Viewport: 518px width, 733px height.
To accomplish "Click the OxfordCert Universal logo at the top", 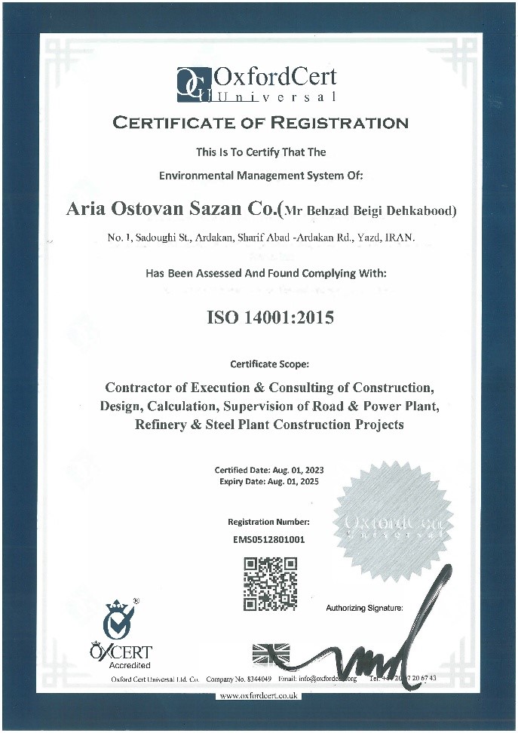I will point(256,84).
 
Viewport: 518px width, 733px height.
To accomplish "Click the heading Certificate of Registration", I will point(260,122).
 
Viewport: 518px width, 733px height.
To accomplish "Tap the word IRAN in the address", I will point(400,238).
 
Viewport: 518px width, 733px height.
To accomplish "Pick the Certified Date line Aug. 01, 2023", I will point(269,470).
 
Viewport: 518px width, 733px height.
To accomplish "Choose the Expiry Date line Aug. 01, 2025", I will point(269,481).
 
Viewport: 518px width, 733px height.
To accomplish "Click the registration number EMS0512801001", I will point(269,539).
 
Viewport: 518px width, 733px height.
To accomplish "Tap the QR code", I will point(270,584).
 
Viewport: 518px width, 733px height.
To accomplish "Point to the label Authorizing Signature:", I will point(364,607).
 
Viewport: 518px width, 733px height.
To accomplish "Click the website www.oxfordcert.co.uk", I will point(259,696).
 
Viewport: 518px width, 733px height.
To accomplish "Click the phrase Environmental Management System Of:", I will point(261,176).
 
